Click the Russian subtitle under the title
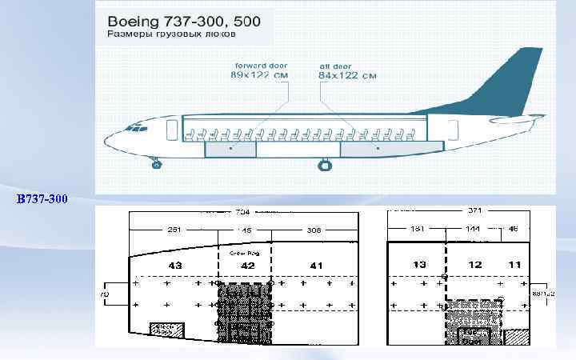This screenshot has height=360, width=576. coord(172,35)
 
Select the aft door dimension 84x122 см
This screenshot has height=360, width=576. coord(347,75)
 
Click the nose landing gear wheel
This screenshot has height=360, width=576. coord(156,164)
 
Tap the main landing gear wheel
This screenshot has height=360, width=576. coord(325,165)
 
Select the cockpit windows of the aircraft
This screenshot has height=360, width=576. coord(138,128)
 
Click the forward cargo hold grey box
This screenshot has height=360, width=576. coord(230,149)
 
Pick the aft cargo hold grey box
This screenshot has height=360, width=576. coord(374,149)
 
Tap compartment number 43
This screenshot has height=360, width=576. coord(174,265)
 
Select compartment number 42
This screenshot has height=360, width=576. coord(248,265)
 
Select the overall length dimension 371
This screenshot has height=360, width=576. coord(476,211)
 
